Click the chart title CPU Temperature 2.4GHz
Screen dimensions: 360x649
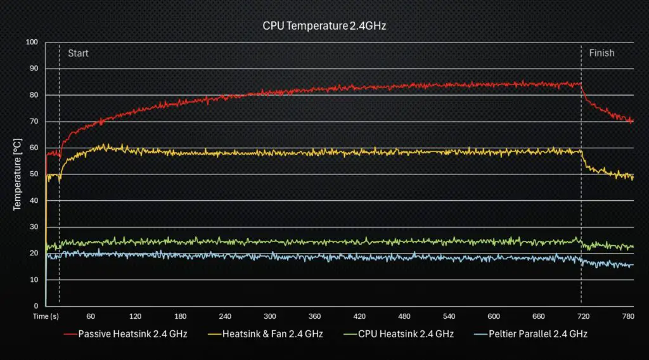tap(324, 26)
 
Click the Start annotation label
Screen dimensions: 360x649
tap(78, 53)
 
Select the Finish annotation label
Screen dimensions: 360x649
tap(601, 53)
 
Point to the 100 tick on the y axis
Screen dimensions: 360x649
tap(32, 42)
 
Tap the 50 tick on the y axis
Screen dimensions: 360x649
tap(34, 174)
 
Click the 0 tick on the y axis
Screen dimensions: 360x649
tap(35, 306)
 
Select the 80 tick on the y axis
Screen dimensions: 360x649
tap(34, 95)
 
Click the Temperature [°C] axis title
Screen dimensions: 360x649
tap(18, 174)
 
